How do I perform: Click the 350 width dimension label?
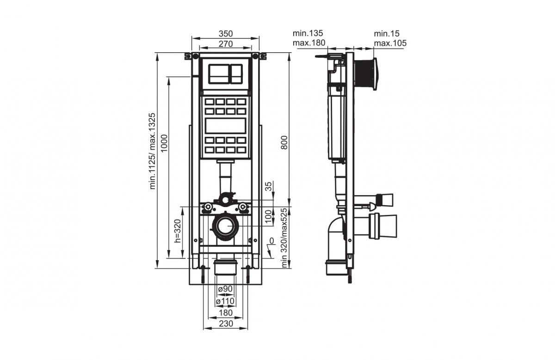[x=225, y=34]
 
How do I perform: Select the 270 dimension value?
[x=225, y=44]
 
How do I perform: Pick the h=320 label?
[x=177, y=231]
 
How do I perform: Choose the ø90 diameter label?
[x=225, y=289]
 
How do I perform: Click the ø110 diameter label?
[x=225, y=301]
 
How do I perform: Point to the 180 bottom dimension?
[x=225, y=313]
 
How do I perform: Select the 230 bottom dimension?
[x=225, y=324]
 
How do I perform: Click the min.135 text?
[x=308, y=33]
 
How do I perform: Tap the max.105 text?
[x=390, y=43]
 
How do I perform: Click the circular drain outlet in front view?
[x=225, y=227]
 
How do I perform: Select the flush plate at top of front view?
[x=225, y=73]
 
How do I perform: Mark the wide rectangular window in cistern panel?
[x=225, y=126]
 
